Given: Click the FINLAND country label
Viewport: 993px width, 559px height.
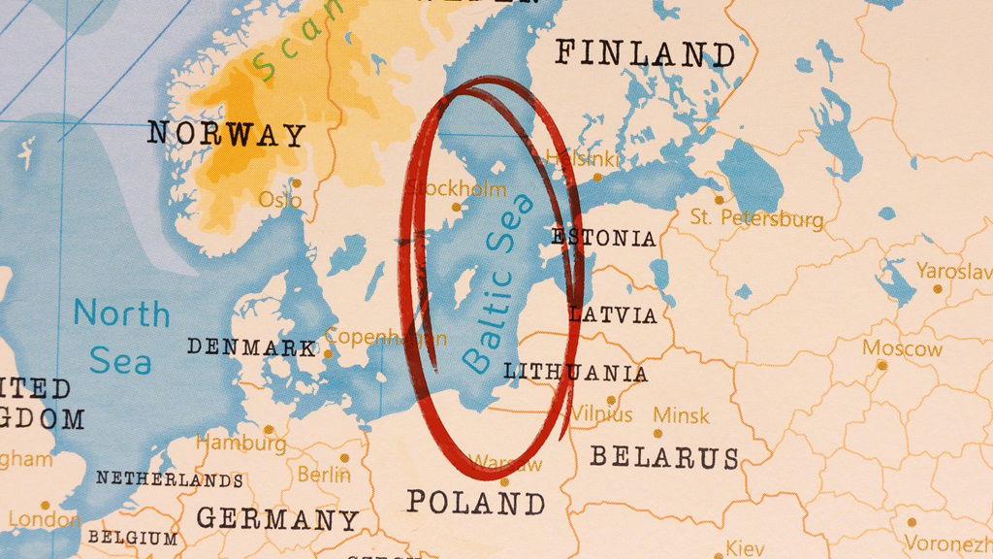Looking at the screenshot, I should click(644, 53).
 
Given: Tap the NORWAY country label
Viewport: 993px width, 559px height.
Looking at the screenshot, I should click(226, 134).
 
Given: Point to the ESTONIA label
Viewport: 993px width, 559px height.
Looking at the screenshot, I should click(603, 238).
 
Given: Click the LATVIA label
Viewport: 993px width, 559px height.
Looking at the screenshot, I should click(613, 314).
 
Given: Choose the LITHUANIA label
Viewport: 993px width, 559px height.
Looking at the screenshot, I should click(576, 372).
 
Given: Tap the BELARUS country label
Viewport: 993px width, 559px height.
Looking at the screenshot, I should click(664, 457).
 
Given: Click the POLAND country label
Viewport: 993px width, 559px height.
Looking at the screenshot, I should click(475, 503).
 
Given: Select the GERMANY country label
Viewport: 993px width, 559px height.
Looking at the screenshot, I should click(277, 519).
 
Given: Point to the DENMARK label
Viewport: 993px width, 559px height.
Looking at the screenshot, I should click(251, 346).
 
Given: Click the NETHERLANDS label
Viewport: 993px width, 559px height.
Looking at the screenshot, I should click(169, 479).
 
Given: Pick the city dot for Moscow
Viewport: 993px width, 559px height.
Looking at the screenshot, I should click(881, 366).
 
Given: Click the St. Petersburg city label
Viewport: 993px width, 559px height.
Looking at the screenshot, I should click(756, 218).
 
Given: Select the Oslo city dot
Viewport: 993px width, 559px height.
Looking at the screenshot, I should click(297, 182).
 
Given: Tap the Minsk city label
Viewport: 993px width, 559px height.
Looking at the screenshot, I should click(681, 415).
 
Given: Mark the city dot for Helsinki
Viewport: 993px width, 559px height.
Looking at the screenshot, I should click(597, 177).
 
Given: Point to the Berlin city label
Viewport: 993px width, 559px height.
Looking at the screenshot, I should click(324, 475).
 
